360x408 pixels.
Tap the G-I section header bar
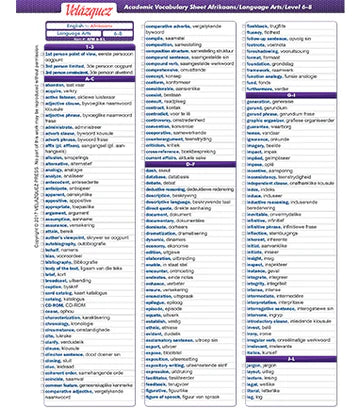click(x=290, y=94)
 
